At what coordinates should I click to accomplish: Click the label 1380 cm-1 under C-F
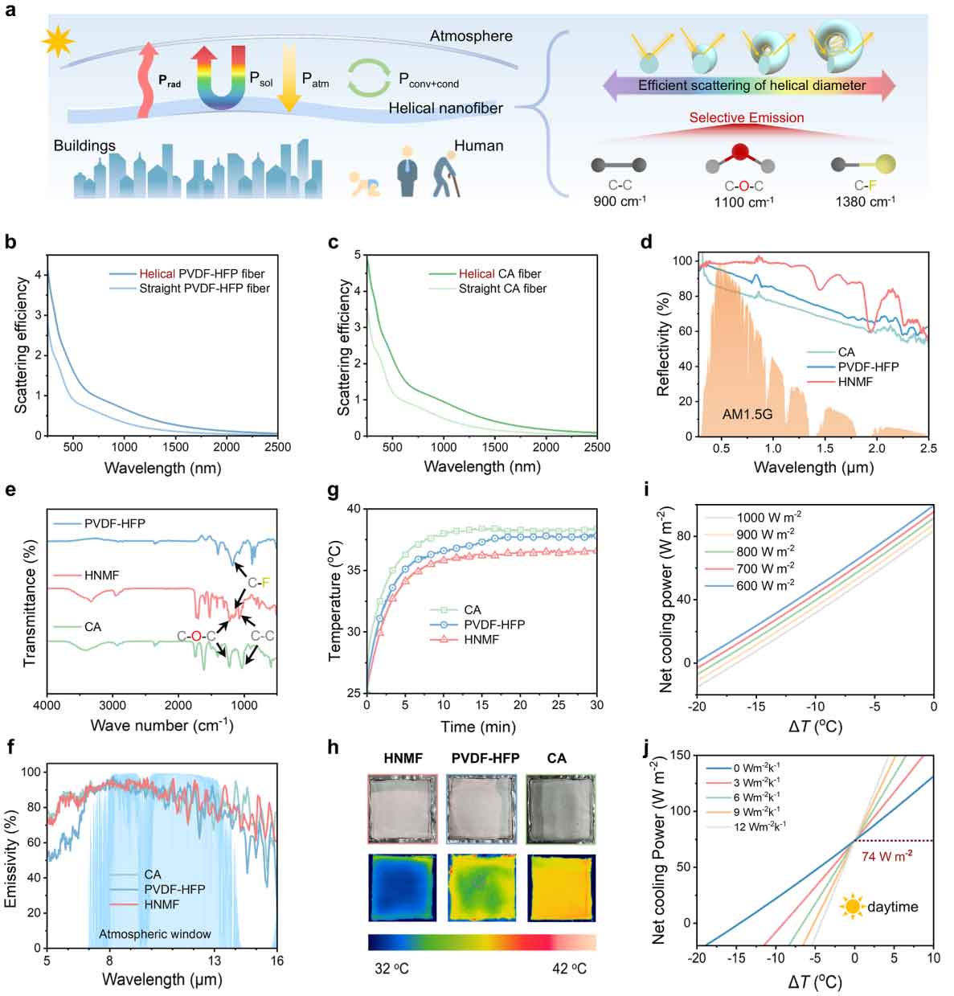(864, 201)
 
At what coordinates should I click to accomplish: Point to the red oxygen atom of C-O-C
(741, 152)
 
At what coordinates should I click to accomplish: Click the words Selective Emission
(747, 117)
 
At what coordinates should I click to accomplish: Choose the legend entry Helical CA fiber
(500, 273)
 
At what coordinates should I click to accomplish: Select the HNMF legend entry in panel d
(855, 381)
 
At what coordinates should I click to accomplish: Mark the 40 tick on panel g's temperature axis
(356, 509)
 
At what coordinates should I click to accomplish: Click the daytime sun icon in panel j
(851, 907)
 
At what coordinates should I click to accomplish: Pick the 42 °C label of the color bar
(569, 968)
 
